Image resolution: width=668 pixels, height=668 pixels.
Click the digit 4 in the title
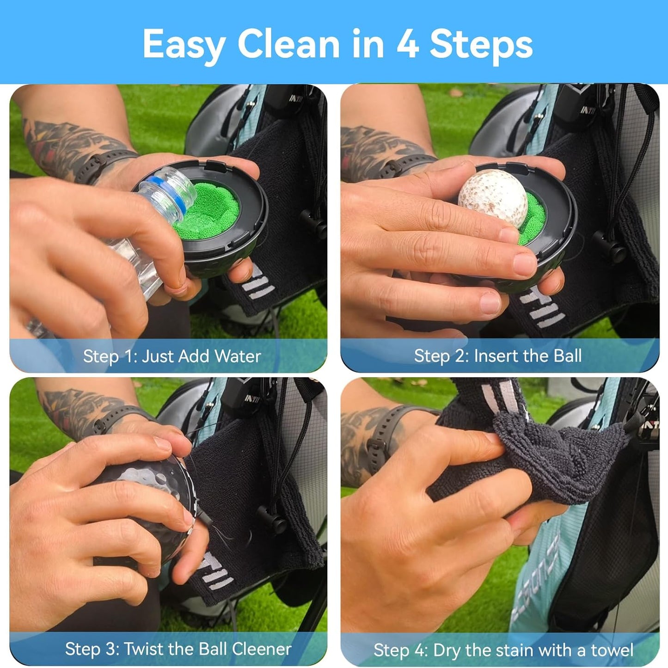pyautogui.click(x=408, y=44)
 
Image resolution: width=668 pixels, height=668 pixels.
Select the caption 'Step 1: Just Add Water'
pyautogui.click(x=172, y=356)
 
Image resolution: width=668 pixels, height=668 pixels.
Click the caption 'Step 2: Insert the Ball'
pyautogui.click(x=497, y=356)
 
